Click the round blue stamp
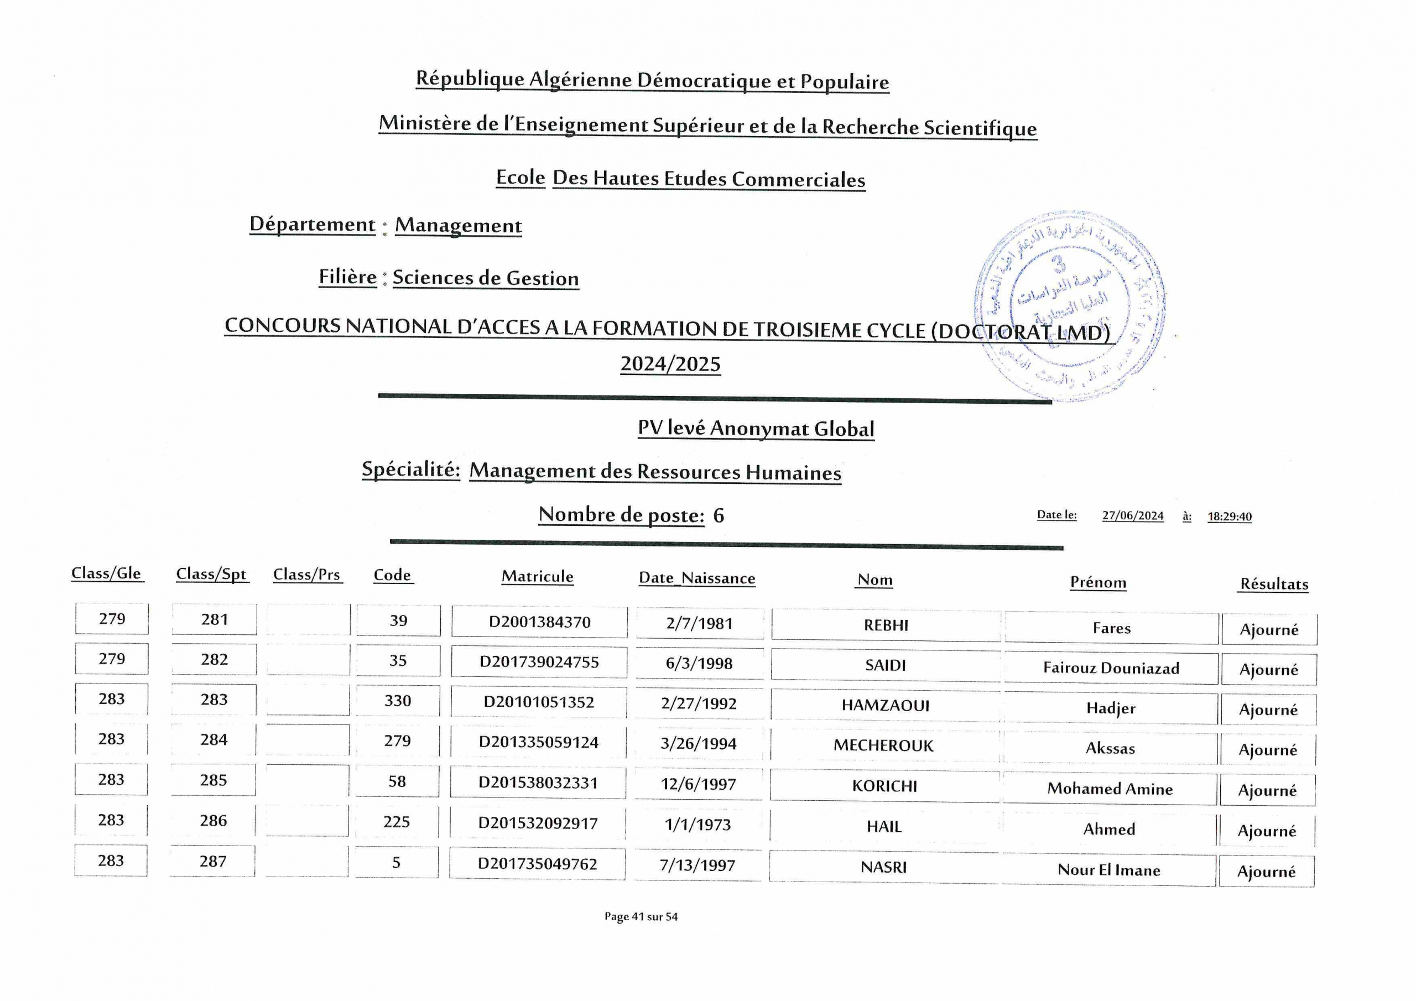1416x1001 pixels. (1069, 305)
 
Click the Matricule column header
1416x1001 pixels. (537, 577)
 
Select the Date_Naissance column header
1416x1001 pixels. (697, 578)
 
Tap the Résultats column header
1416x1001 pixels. (1274, 584)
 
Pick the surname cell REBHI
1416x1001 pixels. (886, 625)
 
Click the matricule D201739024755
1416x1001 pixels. (539, 663)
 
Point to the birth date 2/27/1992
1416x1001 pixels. (699, 703)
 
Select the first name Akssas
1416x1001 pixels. (1110, 749)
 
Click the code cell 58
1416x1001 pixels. (397, 782)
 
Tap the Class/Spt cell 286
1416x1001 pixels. (214, 821)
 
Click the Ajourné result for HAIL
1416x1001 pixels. (1267, 831)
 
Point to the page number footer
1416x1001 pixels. (641, 917)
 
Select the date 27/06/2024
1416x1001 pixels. (1132, 515)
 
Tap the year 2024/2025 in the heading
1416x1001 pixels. (670, 364)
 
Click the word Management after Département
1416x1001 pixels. (458, 226)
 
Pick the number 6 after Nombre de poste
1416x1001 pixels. (719, 515)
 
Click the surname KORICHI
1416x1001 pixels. (884, 786)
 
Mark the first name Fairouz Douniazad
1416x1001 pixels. (1111, 669)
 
